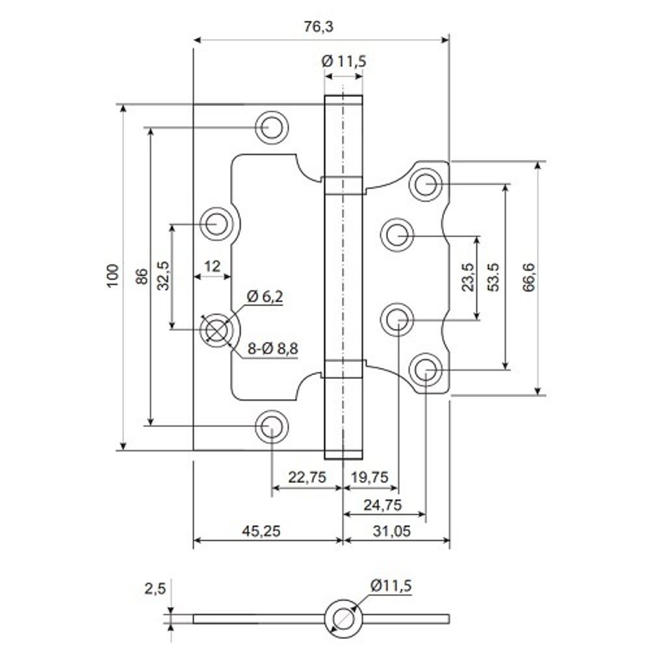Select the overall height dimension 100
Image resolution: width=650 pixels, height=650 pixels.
(x=113, y=276)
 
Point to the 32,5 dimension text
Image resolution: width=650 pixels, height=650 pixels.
(x=163, y=276)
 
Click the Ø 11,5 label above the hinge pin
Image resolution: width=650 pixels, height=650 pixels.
(x=344, y=61)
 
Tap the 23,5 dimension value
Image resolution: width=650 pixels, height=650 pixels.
(x=467, y=278)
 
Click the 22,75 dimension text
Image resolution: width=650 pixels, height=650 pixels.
(x=307, y=477)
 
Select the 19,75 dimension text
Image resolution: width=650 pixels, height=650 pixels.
(x=369, y=477)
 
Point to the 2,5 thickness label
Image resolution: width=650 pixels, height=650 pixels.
(x=155, y=588)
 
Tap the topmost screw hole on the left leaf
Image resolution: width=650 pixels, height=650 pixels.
(x=272, y=126)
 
